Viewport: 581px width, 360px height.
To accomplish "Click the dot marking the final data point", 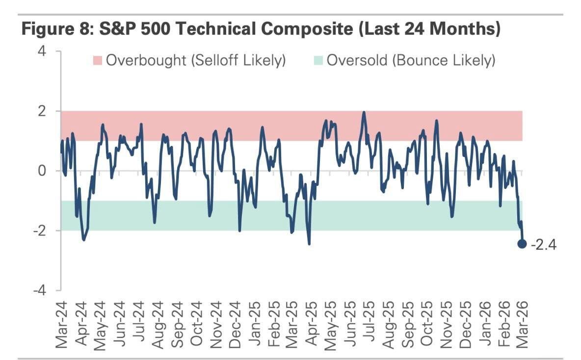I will point(522,243).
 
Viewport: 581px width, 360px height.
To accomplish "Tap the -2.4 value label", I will point(544,244).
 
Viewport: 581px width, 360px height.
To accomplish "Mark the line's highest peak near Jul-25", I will point(364,112).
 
